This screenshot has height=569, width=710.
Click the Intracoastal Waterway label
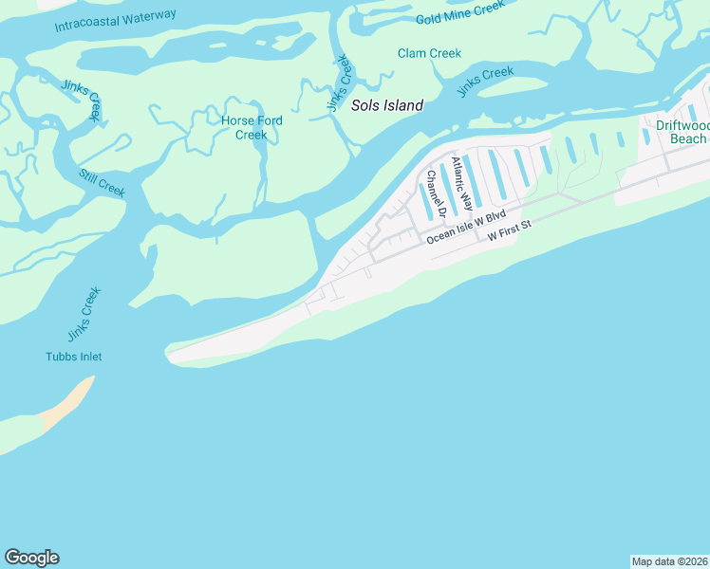116,20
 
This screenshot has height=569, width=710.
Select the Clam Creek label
429,53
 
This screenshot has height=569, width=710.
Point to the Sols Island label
387,106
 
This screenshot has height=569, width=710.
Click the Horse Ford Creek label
252,127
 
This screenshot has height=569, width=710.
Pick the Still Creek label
103,183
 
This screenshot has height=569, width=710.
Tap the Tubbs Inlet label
73,357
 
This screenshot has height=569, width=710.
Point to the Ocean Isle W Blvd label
466,227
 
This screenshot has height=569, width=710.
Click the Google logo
31,558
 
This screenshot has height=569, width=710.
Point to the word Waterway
144,16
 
